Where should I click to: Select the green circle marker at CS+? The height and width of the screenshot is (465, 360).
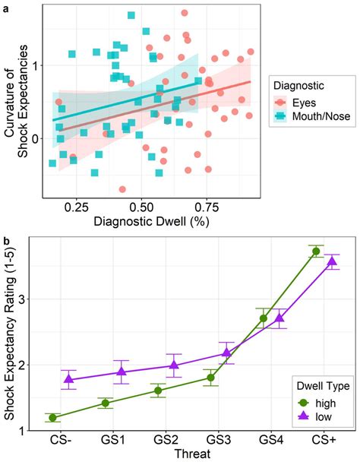[x=315, y=251]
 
